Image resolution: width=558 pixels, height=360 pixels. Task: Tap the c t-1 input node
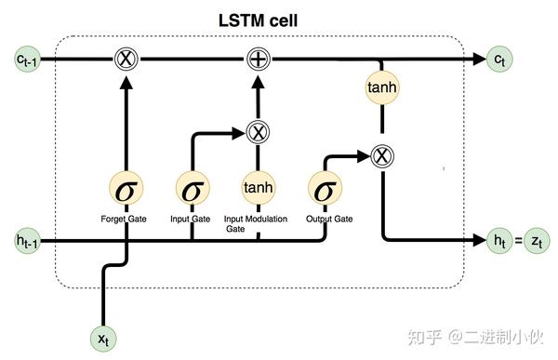click(26, 59)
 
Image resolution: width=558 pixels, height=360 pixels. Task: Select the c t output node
click(502, 59)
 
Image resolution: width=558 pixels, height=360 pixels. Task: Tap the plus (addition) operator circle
click(259, 59)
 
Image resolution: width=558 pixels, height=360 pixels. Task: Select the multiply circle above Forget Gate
click(126, 59)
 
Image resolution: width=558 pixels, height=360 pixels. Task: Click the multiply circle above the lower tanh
click(258, 132)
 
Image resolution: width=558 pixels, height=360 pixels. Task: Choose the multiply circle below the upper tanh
click(379, 155)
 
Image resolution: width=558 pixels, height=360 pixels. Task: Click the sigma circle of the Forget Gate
click(126, 190)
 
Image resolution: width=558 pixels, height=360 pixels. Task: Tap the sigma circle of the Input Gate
click(192, 190)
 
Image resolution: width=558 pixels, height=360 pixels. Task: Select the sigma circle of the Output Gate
click(325, 190)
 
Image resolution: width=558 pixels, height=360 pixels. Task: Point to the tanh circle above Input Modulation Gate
click(258, 190)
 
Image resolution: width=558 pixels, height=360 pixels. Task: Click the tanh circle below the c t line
click(379, 88)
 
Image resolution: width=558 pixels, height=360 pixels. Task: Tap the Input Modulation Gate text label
click(257, 223)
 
